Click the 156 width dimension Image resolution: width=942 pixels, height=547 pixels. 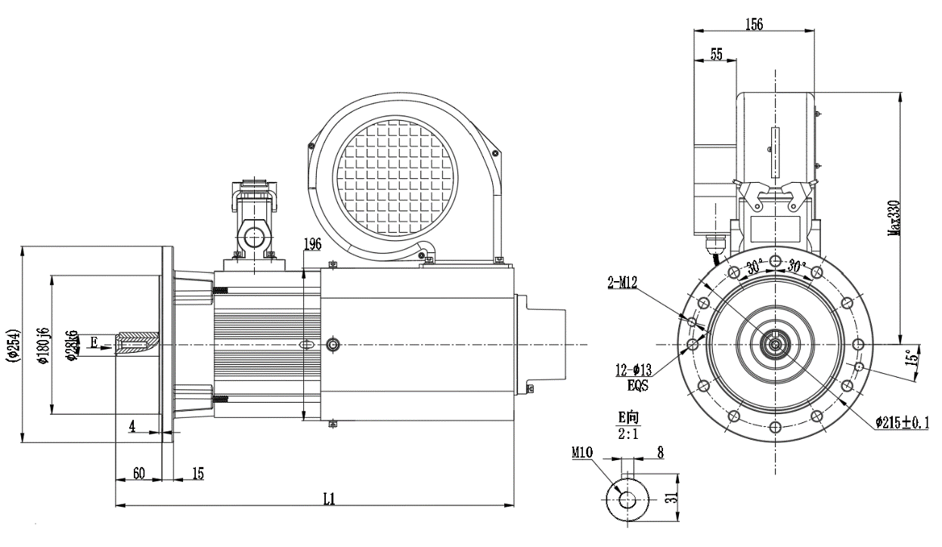[753, 24]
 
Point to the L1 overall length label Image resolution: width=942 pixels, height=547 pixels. [330, 499]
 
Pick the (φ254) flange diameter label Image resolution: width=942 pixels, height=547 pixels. [11, 345]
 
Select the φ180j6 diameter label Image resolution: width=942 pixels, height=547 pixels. [44, 345]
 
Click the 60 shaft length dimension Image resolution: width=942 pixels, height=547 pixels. [139, 473]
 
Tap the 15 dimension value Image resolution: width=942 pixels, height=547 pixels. [197, 473]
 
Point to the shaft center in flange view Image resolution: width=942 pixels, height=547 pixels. [775, 345]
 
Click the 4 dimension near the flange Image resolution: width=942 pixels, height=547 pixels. [132, 426]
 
